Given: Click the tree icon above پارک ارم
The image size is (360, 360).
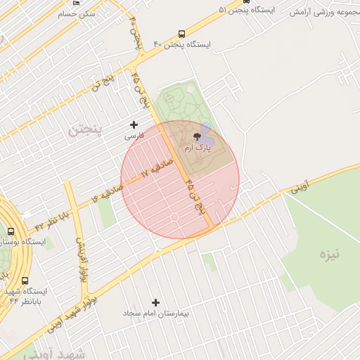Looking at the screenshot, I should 197,136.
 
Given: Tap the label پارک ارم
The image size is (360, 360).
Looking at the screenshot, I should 197,148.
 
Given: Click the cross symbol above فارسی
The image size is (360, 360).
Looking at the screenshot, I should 134,124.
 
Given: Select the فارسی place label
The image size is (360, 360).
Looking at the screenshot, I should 134,135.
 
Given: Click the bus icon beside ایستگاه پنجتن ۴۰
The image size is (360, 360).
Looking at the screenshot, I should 182,33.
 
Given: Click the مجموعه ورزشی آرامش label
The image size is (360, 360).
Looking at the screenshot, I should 324,12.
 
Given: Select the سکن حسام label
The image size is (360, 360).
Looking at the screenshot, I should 77,13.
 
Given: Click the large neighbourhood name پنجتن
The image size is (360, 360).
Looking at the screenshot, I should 85,129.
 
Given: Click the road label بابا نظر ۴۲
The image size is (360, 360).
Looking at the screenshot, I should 53,217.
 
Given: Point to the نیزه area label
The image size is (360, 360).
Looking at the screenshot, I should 328,254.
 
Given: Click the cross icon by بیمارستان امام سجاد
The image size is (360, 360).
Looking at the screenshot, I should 155,302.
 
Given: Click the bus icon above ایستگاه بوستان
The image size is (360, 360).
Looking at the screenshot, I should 11,231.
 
